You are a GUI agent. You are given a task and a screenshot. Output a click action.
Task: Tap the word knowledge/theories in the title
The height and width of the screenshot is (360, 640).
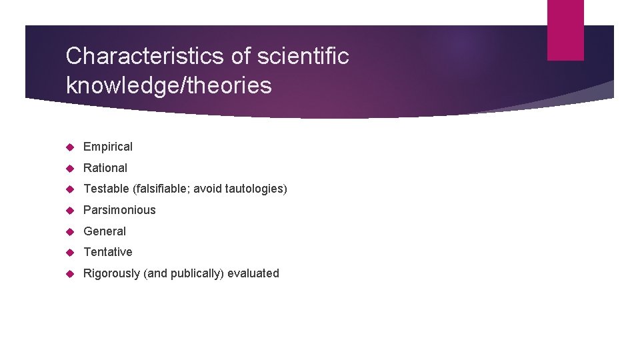tap(169, 85)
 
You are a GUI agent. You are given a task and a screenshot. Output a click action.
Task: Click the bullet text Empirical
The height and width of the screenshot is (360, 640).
tap(108, 147)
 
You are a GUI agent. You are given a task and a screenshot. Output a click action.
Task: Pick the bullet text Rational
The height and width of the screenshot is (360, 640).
tap(105, 168)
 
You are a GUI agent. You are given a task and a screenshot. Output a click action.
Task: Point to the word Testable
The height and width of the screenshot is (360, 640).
tap(107, 189)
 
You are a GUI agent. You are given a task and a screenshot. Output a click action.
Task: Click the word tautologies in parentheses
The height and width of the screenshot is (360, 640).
tap(254, 189)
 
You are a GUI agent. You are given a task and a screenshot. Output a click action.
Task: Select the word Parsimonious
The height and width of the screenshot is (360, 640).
tap(119, 210)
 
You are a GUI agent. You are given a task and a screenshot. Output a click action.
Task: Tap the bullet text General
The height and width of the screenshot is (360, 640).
tap(105, 231)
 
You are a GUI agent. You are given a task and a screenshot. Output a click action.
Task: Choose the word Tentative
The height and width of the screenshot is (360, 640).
tap(108, 252)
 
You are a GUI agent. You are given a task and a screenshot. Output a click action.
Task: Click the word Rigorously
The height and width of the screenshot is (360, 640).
tap(112, 273)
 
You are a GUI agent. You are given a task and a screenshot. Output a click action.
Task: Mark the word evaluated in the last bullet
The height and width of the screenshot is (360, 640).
tap(253, 273)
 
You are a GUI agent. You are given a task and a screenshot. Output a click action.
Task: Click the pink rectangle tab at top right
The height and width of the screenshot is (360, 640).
tap(565, 30)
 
